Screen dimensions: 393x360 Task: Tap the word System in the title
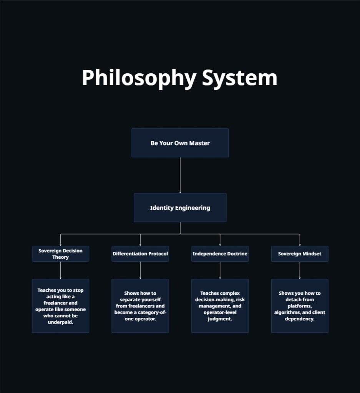[239, 78]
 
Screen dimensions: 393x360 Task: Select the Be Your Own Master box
[180, 143]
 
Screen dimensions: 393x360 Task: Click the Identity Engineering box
[180, 208]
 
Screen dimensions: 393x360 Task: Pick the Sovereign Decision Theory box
[60, 254]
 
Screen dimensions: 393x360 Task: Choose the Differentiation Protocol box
[140, 254]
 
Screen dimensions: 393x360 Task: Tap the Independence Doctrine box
[220, 254]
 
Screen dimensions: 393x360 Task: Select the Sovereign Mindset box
[300, 254]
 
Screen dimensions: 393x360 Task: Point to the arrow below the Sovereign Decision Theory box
[60, 270]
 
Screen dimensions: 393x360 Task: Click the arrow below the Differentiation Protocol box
[140, 270]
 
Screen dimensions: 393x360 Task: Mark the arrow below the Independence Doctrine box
[220, 270]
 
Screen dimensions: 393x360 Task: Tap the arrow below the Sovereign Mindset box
[300, 270]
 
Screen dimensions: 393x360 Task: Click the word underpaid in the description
[60, 322]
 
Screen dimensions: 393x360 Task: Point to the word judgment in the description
[220, 319]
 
